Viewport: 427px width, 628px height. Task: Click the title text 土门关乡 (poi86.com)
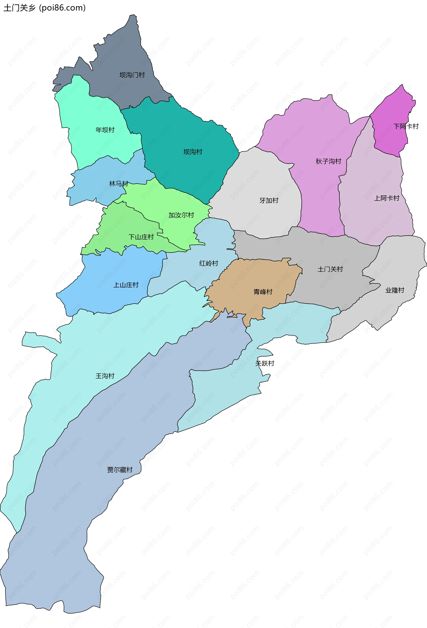[44, 8]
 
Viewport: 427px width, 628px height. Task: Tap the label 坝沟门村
[132, 75]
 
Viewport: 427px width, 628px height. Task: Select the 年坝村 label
[105, 130]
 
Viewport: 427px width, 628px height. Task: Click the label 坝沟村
[193, 152]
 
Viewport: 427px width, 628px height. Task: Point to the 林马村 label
[118, 184]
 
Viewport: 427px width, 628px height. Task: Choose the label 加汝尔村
[181, 215]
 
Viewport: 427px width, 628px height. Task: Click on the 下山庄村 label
[141, 237]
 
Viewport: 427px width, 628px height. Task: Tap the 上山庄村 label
[126, 285]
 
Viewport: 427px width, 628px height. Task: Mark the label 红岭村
[209, 263]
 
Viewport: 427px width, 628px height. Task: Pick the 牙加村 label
[269, 200]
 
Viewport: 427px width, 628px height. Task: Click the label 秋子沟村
[328, 161]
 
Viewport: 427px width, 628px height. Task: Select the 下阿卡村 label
[406, 126]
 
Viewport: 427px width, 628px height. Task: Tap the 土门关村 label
[330, 269]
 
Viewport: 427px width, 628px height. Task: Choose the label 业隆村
[394, 290]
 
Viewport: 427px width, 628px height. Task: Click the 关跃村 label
[264, 363]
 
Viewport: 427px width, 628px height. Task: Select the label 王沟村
[105, 376]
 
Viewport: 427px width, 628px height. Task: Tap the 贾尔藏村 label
[120, 470]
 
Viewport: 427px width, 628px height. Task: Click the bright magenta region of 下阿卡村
[392, 108]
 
